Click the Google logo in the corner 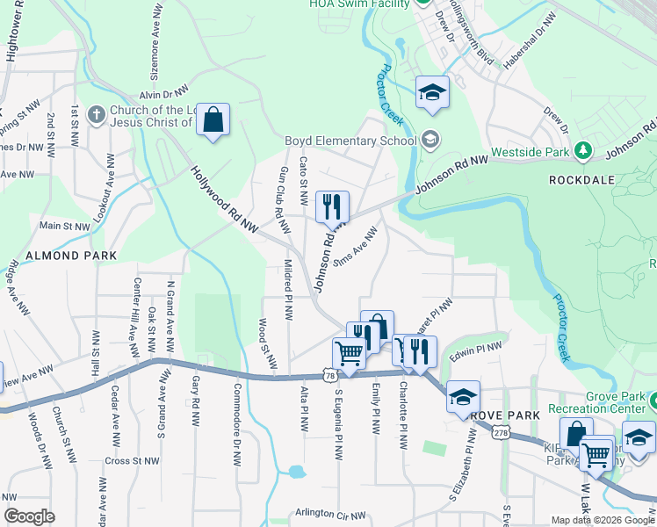(x=29, y=516)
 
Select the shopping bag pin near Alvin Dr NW (x=213, y=120)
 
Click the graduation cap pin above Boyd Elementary (x=432, y=93)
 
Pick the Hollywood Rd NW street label (x=225, y=201)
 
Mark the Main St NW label (x=64, y=226)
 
